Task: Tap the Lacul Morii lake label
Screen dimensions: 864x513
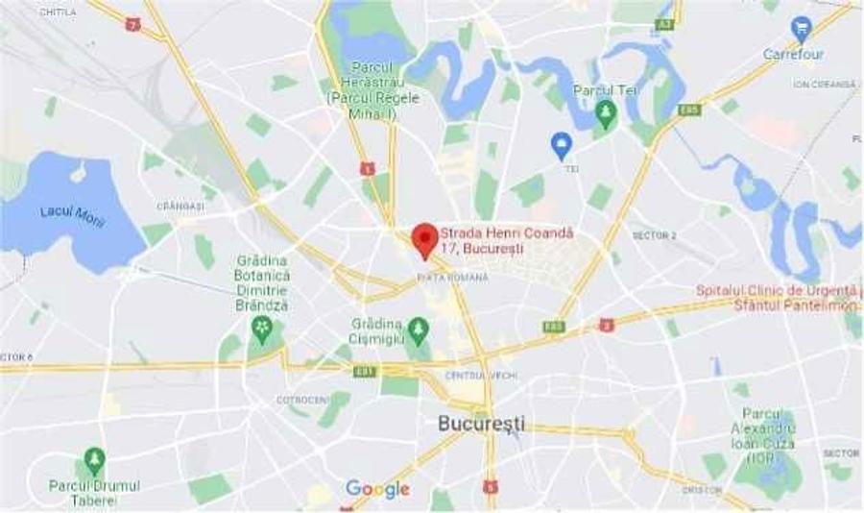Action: (73, 216)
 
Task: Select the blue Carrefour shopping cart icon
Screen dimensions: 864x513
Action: (800, 28)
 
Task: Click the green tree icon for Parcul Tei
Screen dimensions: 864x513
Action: (605, 113)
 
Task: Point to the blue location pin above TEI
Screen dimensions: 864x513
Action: (562, 145)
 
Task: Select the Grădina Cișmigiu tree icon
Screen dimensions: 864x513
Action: (417, 331)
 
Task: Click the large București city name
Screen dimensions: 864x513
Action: (481, 423)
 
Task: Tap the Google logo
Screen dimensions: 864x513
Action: (377, 489)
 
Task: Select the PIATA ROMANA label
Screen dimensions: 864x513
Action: (452, 277)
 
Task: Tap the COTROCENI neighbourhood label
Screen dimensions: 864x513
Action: (301, 400)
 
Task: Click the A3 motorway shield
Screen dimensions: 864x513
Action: (664, 24)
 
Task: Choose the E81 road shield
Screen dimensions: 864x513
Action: (365, 371)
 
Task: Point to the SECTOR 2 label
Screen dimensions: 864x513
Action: (654, 235)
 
